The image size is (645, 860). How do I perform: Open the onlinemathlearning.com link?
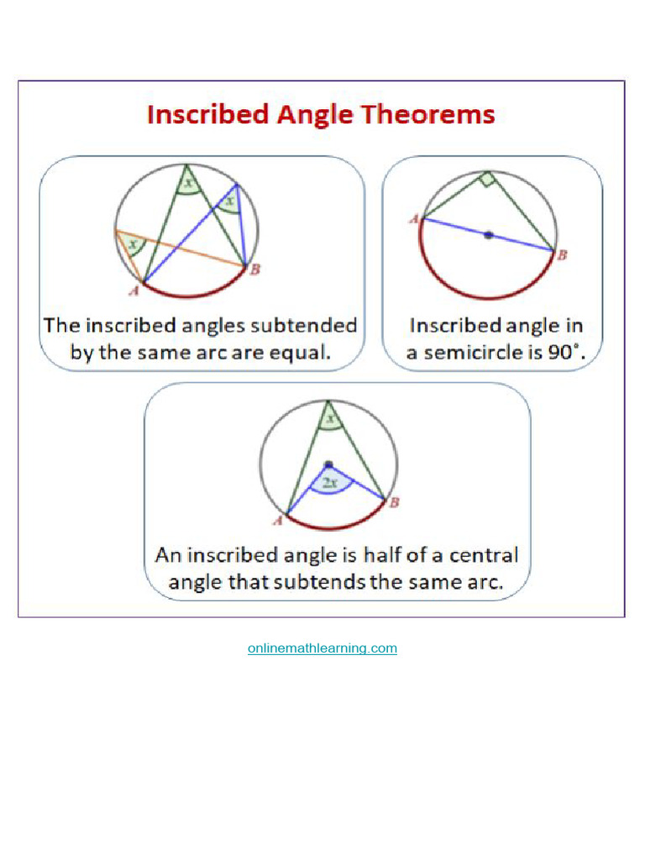point(322,648)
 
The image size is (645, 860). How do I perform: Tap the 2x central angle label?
point(330,483)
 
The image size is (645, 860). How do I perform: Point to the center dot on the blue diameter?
point(488,236)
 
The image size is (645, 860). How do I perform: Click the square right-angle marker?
point(486,179)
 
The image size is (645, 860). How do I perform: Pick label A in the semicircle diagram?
point(413,219)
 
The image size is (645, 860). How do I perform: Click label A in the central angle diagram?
point(276,522)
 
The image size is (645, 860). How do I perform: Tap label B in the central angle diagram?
point(394,502)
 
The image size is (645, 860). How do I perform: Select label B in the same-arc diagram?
point(254,269)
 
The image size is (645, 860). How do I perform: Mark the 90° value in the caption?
point(565,353)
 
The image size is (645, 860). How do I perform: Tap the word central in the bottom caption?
point(482,555)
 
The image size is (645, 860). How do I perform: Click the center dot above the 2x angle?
point(328,464)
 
